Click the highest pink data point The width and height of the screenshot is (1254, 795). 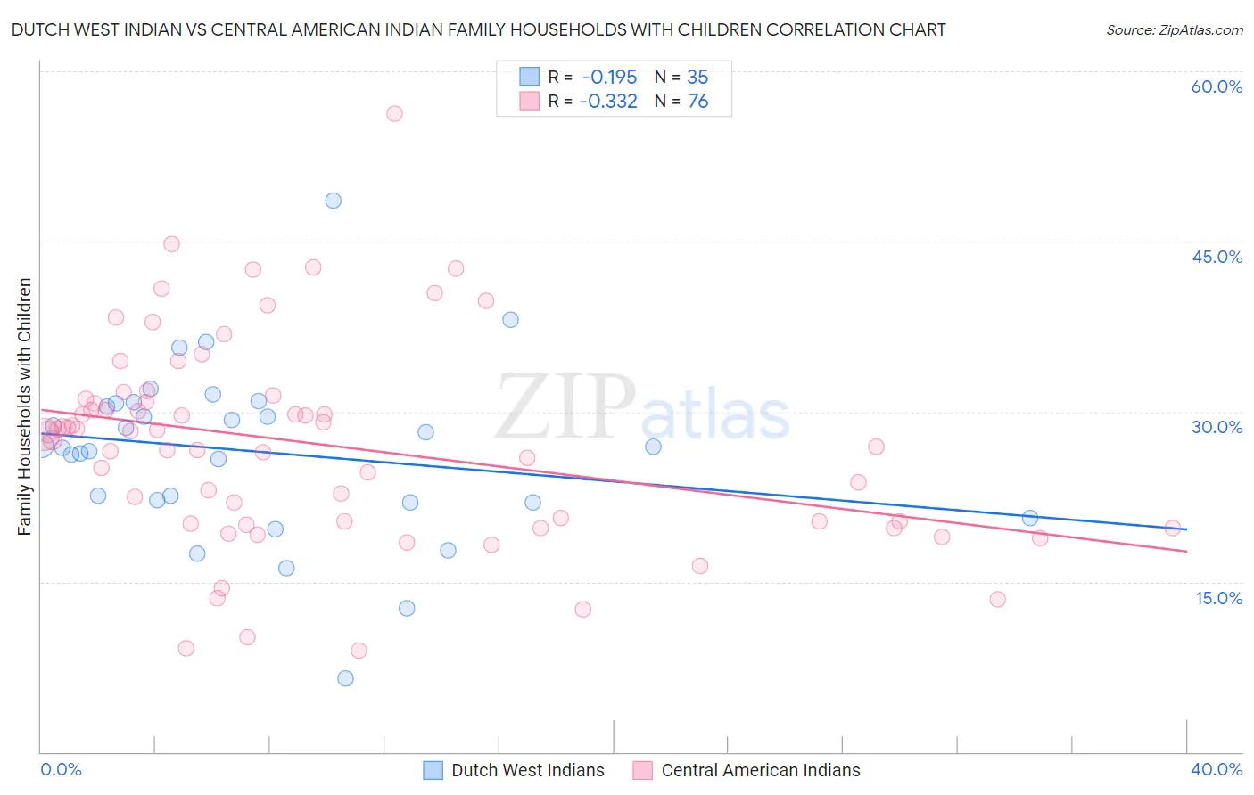(394, 113)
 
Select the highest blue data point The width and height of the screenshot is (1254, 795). (333, 201)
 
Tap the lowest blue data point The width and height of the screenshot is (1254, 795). (345, 678)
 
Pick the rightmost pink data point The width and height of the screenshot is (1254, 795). (1173, 529)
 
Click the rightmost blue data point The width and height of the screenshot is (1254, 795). (1030, 518)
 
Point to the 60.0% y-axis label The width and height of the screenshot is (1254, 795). (1217, 86)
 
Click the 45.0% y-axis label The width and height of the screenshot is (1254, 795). (1217, 257)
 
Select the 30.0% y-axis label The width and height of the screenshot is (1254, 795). (1217, 427)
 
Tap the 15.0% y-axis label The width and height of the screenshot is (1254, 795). (1218, 598)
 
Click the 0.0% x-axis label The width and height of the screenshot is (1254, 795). (61, 769)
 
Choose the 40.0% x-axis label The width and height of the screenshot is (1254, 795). (1216, 769)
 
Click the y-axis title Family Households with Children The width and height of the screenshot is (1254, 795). (24, 406)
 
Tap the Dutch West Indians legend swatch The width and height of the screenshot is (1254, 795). (433, 770)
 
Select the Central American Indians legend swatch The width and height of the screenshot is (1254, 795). (642, 770)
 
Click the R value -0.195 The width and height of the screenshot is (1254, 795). (608, 78)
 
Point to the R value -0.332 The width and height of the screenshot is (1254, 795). (608, 102)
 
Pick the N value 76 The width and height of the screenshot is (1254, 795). (697, 102)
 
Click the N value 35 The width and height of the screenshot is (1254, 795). (697, 78)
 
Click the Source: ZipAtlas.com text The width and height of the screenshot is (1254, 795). (1174, 29)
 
